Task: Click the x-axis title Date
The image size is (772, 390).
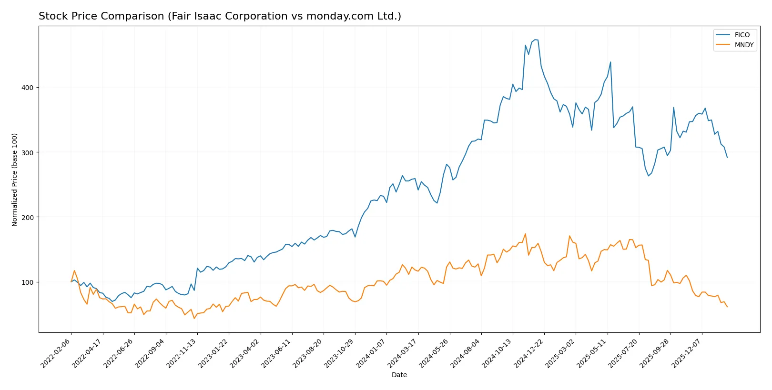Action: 399,375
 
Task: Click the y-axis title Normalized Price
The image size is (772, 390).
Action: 15,180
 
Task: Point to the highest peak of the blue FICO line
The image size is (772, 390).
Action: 535,40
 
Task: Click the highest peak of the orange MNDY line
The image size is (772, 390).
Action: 525,234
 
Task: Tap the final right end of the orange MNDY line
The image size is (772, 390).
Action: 727,307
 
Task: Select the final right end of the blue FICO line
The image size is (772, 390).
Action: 727,158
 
